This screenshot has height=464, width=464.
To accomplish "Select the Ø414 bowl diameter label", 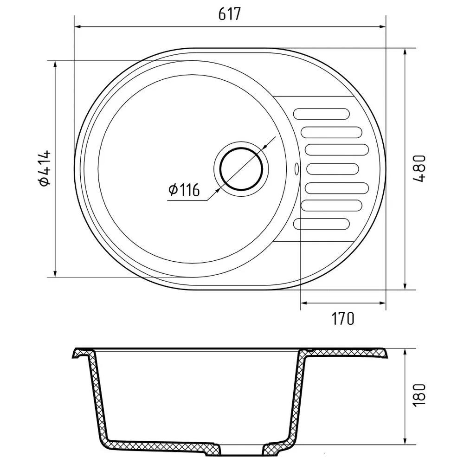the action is pyautogui.click(x=45, y=168).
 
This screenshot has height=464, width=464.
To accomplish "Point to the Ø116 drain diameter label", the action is pyautogui.click(x=184, y=190).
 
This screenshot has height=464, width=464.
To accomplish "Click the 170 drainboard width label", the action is pyautogui.click(x=342, y=318).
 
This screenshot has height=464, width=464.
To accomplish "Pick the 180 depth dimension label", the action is pyautogui.click(x=419, y=395).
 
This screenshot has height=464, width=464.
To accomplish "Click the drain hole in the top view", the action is pyautogui.click(x=241, y=169).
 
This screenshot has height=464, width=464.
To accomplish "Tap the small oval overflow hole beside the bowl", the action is pyautogui.click(x=296, y=169).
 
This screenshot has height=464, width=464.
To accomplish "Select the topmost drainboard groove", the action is pyautogui.click(x=322, y=114).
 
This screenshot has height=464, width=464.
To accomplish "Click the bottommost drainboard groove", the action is pyautogui.click(x=322, y=224).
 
